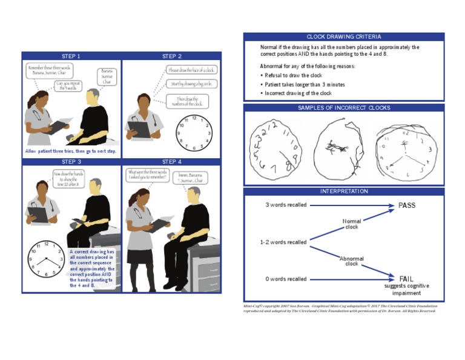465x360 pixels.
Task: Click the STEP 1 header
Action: [71, 56]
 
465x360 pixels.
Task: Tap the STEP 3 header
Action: [71, 162]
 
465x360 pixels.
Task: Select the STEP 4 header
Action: [172, 162]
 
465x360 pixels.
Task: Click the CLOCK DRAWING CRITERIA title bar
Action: [343, 36]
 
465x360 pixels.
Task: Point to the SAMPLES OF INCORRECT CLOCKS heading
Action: [343, 108]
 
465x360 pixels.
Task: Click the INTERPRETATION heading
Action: [343, 192]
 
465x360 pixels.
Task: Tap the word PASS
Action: [407, 205]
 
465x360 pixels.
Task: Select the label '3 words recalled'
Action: [286, 205]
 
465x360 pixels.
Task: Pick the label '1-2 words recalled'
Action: [283, 242]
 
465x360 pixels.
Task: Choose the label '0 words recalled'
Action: [286, 279]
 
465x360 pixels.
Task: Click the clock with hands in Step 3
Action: [46, 259]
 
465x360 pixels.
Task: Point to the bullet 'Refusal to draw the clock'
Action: [294, 75]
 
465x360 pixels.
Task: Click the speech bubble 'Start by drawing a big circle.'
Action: [190, 84]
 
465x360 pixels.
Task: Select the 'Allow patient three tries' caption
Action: [71, 151]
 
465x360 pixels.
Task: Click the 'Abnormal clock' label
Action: [352, 261]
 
